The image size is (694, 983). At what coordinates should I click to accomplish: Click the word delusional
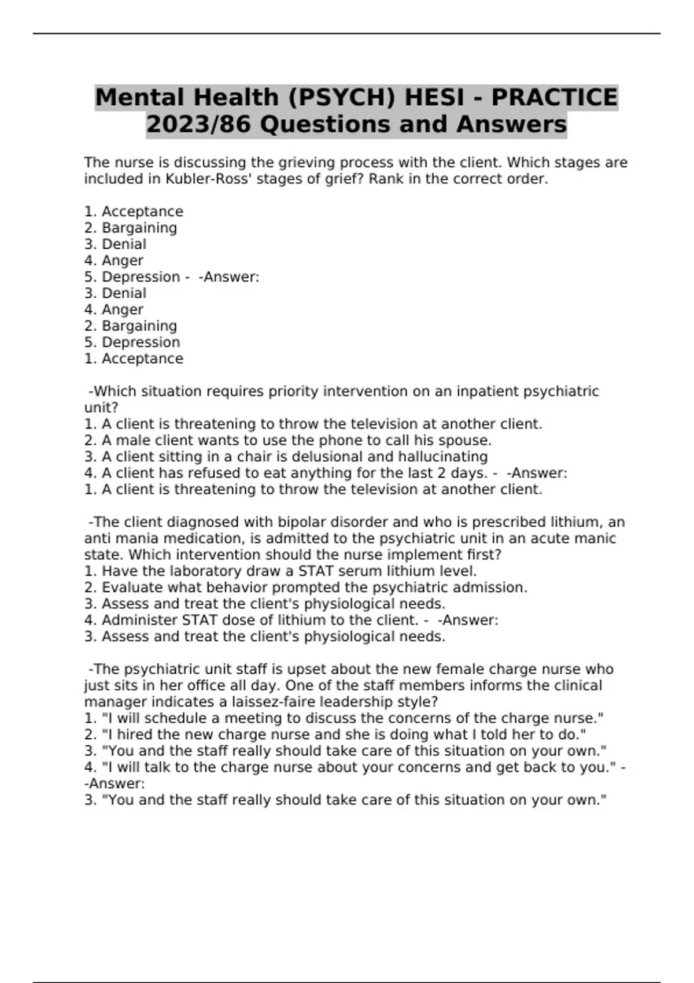click(x=320, y=457)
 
